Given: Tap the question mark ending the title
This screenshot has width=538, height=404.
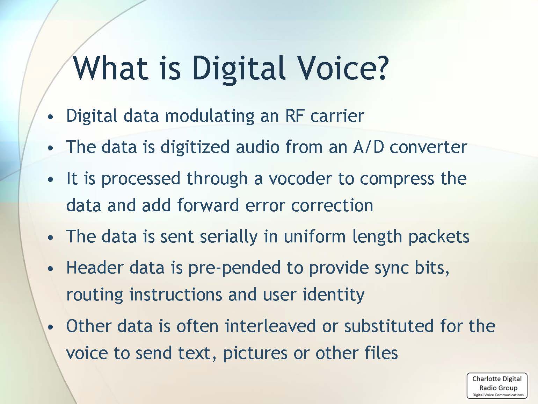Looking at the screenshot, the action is click(x=379, y=68).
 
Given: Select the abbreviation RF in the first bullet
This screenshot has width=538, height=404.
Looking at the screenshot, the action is click(x=295, y=116).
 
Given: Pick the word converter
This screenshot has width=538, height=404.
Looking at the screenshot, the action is click(x=428, y=147).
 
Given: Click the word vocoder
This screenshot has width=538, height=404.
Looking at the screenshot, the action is click(x=300, y=178).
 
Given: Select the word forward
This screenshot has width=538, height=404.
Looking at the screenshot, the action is click(x=208, y=205).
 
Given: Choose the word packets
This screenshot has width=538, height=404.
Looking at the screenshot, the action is click(x=439, y=237).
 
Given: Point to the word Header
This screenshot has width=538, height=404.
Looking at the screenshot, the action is click(x=95, y=268).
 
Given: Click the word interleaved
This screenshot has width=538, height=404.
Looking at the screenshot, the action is click(x=270, y=326).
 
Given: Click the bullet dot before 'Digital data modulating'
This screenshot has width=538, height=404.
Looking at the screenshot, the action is click(x=51, y=117).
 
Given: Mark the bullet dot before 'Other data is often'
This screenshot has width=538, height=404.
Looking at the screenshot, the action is click(x=51, y=327).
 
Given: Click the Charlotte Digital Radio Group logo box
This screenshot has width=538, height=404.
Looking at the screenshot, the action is click(x=497, y=385).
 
